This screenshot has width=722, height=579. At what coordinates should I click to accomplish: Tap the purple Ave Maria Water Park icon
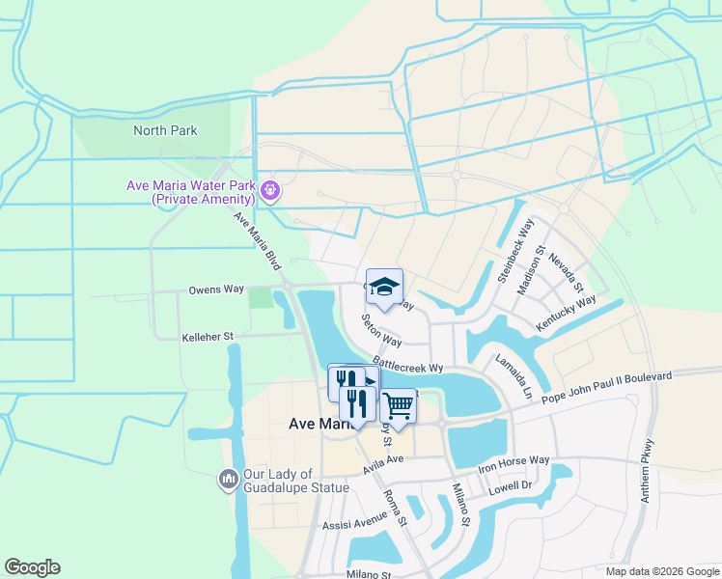point(271,191)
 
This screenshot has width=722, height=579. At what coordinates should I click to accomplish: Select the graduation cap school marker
point(384,287)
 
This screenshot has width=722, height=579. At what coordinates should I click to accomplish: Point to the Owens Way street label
point(216,289)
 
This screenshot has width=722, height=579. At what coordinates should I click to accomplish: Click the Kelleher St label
point(208,337)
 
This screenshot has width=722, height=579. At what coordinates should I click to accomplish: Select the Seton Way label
point(381,329)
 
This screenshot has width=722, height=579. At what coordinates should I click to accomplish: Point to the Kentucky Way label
point(566,316)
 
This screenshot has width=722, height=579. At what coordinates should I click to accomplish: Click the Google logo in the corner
point(32,566)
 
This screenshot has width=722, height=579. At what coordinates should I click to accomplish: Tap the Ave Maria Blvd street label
point(257,241)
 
